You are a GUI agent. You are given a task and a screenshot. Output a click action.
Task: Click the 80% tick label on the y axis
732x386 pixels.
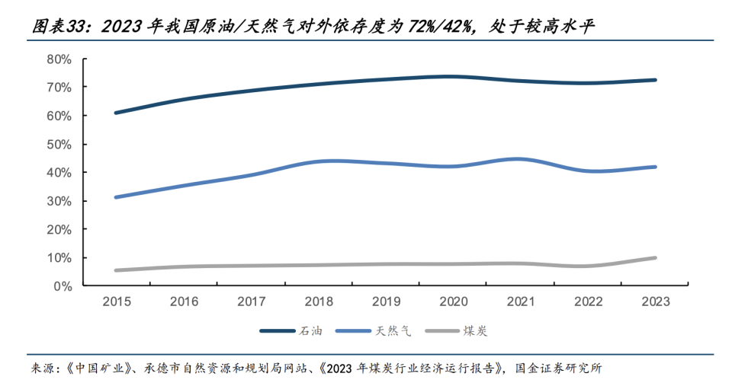(x=59, y=59)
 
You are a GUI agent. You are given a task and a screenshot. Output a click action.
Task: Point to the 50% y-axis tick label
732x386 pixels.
(x=59, y=145)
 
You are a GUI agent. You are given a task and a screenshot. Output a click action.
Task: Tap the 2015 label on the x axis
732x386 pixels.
(x=117, y=301)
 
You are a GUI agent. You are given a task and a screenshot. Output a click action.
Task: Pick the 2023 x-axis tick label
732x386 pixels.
(x=656, y=301)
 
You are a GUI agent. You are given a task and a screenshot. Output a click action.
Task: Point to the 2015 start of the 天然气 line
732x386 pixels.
(x=116, y=197)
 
